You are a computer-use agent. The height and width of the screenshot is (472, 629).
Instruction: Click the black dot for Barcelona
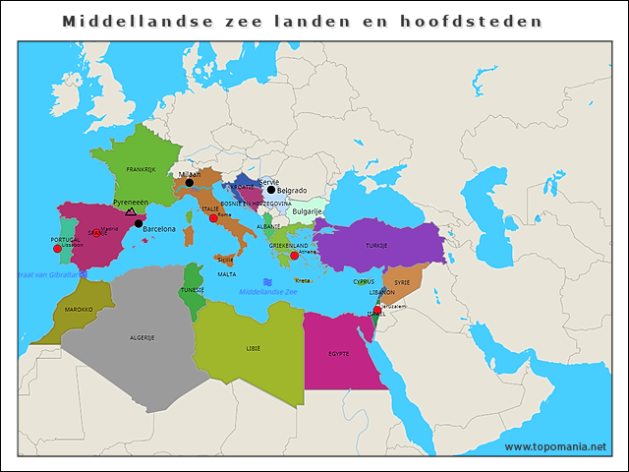click(139, 223)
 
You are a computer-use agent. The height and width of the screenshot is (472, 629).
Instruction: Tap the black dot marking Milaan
click(190, 183)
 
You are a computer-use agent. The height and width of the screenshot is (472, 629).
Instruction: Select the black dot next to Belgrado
click(271, 190)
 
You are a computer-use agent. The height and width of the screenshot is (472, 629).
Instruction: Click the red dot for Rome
click(213, 218)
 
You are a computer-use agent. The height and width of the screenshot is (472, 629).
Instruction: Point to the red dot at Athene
click(295, 255)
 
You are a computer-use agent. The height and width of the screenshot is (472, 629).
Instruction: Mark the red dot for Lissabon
click(57, 249)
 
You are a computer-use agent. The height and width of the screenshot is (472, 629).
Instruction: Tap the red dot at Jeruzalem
click(377, 310)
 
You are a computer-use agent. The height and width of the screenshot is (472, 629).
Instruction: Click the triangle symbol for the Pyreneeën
click(131, 211)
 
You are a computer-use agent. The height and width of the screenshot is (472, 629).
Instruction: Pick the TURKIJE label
click(376, 245)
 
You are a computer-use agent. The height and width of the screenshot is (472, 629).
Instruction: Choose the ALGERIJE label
click(143, 337)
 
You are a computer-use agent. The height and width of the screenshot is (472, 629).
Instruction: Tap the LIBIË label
click(254, 348)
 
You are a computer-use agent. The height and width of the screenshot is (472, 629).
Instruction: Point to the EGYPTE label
click(339, 353)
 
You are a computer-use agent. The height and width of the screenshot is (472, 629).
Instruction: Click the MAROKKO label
click(79, 309)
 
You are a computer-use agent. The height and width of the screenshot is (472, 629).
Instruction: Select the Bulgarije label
click(308, 211)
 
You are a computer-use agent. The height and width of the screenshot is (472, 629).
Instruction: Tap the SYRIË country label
click(402, 281)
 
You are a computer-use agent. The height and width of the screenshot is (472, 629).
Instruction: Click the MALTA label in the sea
click(227, 275)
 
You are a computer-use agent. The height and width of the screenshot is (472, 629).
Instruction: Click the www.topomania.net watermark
click(555, 446)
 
